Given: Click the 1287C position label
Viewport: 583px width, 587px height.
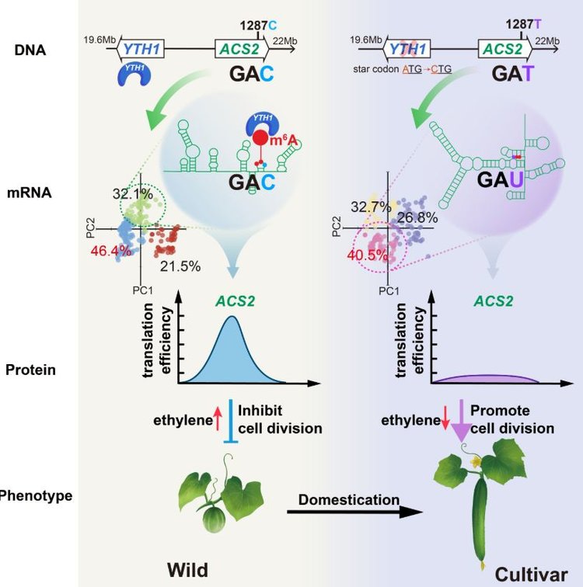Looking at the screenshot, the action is (x=259, y=26).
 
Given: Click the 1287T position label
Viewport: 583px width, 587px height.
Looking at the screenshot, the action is (x=523, y=24).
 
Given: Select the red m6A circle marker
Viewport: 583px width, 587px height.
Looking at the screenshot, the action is (x=260, y=138).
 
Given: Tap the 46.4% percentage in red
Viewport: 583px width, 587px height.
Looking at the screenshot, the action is (x=111, y=251).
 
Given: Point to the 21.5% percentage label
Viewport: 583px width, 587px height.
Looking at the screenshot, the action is (x=180, y=266).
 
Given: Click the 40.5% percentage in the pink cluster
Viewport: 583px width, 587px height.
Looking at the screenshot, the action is (x=367, y=255).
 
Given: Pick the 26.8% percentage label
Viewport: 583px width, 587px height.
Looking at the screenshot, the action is (x=417, y=217).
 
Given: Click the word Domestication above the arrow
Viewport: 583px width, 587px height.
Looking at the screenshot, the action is (x=349, y=500).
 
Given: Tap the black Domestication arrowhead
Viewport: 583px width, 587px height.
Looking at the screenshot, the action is (x=411, y=512).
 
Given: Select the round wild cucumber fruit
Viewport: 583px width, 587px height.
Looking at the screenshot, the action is (x=214, y=519).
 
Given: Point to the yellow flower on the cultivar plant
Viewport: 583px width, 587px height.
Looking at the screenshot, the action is (x=476, y=461).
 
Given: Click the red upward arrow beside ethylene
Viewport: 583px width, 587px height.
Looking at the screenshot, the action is (x=218, y=419).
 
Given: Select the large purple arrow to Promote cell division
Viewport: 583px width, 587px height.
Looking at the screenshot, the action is (x=461, y=420).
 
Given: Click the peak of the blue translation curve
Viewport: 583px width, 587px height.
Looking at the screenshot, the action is (x=232, y=317).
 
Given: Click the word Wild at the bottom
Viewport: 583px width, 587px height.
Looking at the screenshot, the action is (x=187, y=570).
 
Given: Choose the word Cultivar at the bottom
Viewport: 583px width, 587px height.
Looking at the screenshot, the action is (x=531, y=575).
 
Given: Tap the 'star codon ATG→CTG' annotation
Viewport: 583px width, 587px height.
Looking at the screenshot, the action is (x=402, y=69).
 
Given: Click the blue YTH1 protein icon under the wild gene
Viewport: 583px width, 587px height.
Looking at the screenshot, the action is (x=135, y=74).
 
